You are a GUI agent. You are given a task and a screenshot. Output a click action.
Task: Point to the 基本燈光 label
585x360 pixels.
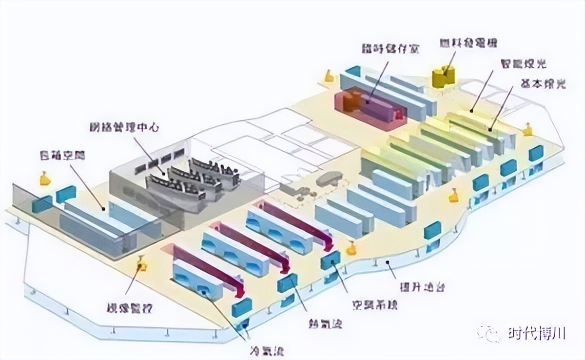point(543,84)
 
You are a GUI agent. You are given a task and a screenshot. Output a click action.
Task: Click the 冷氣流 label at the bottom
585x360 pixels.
point(267,350)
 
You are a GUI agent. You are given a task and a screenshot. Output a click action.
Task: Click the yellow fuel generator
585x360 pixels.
point(444,77)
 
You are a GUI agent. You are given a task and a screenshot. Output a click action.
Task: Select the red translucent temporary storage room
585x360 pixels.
point(370,108)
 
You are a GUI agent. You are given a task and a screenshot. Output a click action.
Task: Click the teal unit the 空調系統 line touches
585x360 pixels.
point(331,260)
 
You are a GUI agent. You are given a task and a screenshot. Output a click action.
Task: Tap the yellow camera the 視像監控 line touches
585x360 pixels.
point(143,265)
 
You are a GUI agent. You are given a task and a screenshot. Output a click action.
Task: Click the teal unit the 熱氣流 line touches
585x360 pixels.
point(287,283)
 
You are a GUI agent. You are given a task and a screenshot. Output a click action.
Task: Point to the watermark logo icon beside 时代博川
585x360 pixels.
point(489,334)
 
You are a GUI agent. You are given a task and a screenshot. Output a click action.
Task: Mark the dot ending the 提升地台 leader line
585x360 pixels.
point(387,263)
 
